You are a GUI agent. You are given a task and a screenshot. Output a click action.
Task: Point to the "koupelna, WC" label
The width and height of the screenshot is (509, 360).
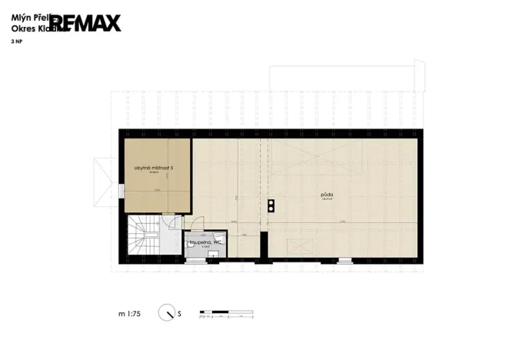205,242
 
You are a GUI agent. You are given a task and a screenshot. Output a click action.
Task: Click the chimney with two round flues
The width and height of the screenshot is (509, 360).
271,205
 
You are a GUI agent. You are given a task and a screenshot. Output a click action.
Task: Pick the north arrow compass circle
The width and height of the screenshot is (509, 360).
166,313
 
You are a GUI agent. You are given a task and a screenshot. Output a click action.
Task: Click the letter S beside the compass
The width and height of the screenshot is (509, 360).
179,314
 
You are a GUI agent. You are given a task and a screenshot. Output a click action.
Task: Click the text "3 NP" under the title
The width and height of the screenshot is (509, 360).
16,42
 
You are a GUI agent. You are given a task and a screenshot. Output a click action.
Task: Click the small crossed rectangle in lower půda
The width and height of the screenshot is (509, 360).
298,245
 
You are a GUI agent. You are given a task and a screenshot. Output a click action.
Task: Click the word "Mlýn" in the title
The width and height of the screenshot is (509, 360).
20,13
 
